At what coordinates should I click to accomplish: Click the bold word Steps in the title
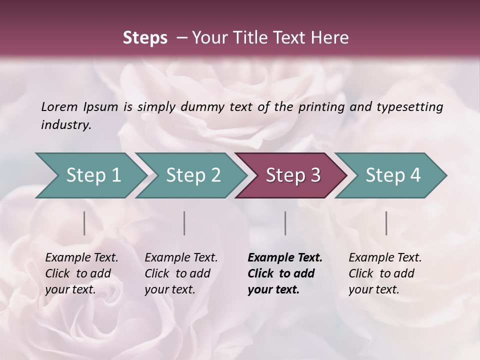coord(145,38)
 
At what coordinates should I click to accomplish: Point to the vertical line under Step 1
coord(84,223)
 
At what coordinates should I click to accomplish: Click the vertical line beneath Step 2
coord(184,223)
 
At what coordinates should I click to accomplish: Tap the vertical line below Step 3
coord(285,223)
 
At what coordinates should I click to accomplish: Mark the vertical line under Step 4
coord(386,223)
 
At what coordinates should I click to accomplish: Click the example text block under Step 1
coord(81,273)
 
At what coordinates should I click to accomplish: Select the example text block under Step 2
coord(181,273)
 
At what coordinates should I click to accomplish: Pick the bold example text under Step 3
coord(285,273)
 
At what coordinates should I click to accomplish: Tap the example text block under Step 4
coord(385,273)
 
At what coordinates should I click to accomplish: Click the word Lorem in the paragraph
coord(59,107)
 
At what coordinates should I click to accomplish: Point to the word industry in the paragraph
coord(66,125)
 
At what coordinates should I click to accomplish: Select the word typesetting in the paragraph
coord(414,107)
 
